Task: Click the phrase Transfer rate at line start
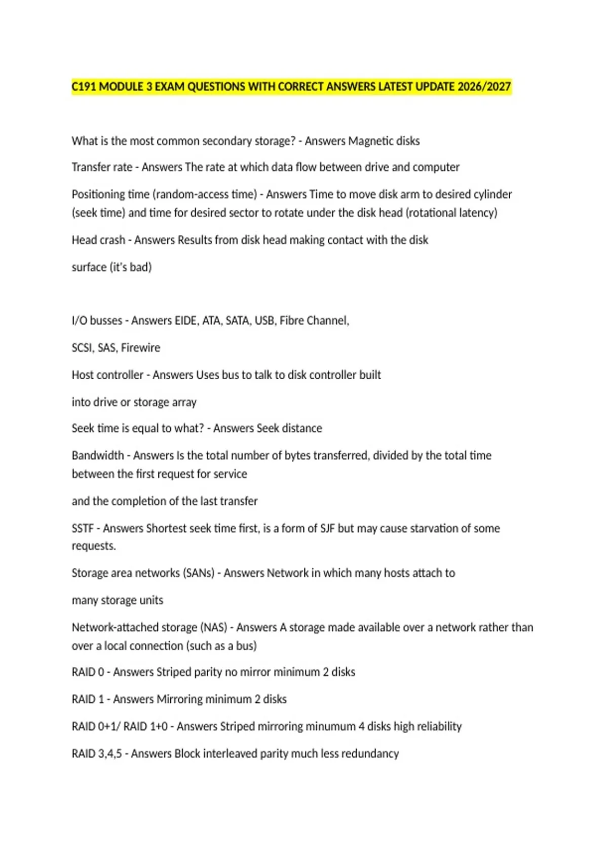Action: (x=102, y=167)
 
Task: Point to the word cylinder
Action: (x=492, y=194)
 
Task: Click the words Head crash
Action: (x=98, y=240)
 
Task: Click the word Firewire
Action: (x=140, y=348)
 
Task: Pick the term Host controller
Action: (x=107, y=375)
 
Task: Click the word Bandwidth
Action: (x=98, y=455)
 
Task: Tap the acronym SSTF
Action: (x=83, y=528)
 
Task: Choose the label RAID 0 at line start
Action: (x=88, y=672)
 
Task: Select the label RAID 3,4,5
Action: (x=97, y=754)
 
